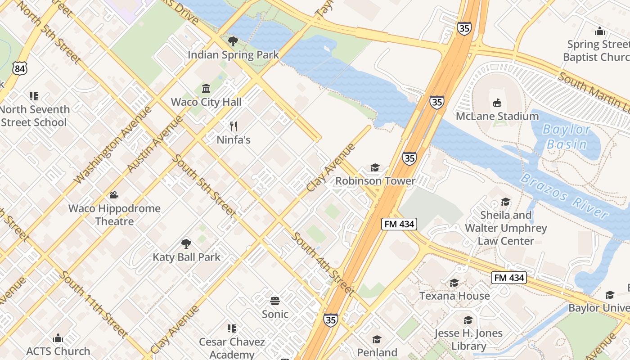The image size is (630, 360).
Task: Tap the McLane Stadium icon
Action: (x=497, y=103)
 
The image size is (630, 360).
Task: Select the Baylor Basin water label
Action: (x=566, y=137)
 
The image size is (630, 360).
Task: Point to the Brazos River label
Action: (x=565, y=196)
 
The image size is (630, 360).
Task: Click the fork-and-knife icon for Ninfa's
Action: (x=233, y=126)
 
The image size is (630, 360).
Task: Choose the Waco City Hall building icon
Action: (x=206, y=88)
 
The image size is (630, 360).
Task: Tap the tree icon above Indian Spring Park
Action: (x=233, y=42)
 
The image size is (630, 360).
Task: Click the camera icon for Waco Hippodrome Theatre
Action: (x=114, y=195)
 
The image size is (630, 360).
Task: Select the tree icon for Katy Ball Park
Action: (x=186, y=244)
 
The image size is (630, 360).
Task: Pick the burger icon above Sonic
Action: (x=275, y=301)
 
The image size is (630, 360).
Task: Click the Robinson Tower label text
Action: (x=375, y=181)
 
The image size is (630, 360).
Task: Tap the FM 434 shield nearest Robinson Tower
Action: (x=399, y=224)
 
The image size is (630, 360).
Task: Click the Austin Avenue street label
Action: (x=155, y=144)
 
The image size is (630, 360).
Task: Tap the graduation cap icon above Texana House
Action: (x=454, y=283)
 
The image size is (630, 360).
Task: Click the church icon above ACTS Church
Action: (x=58, y=338)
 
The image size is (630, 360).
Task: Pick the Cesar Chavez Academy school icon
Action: (x=232, y=328)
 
